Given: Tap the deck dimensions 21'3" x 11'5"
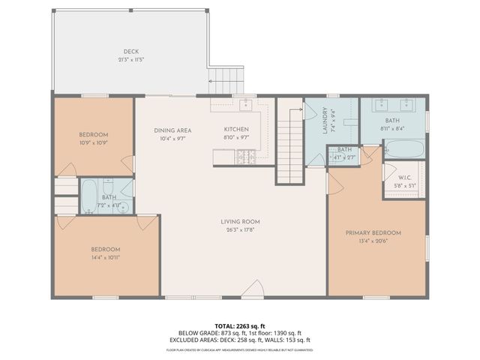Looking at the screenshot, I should pyautogui.click(x=130, y=59).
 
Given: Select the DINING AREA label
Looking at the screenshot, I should pyautogui.click(x=172, y=130).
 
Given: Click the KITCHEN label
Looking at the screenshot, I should pyautogui.click(x=236, y=130).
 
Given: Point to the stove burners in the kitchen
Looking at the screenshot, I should pyautogui.click(x=246, y=157).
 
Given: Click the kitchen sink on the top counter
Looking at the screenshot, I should pyautogui.click(x=244, y=104).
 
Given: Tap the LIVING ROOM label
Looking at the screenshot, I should pyautogui.click(x=239, y=221).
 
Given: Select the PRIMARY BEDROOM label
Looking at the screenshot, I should pyautogui.click(x=373, y=233).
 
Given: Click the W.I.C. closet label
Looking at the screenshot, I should pyautogui.click(x=404, y=178).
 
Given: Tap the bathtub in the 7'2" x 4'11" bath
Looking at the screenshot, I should pyautogui.click(x=88, y=193).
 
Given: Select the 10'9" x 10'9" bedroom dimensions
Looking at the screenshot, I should pyautogui.click(x=94, y=142).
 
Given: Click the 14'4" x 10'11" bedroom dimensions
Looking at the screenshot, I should pyautogui.click(x=106, y=257).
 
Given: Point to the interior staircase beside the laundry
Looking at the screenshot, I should pyautogui.click(x=289, y=142).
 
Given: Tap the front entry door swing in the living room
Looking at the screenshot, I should pyautogui.click(x=256, y=289).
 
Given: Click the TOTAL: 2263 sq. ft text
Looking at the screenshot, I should pyautogui.click(x=239, y=325).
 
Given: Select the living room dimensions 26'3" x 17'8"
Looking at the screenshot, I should pyautogui.click(x=239, y=229).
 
